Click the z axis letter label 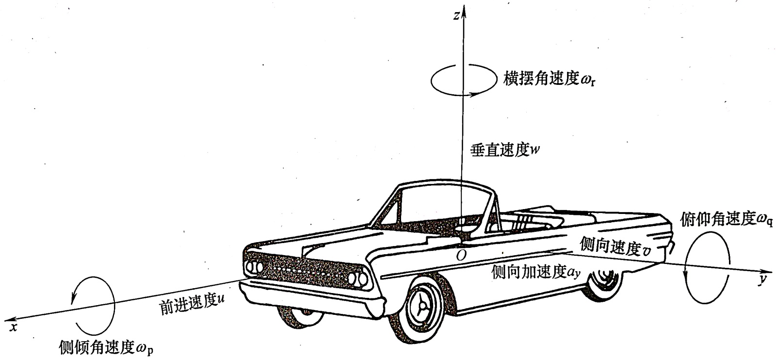point(456,16)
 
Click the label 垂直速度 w point(505,150)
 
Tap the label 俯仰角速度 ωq point(727,220)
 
